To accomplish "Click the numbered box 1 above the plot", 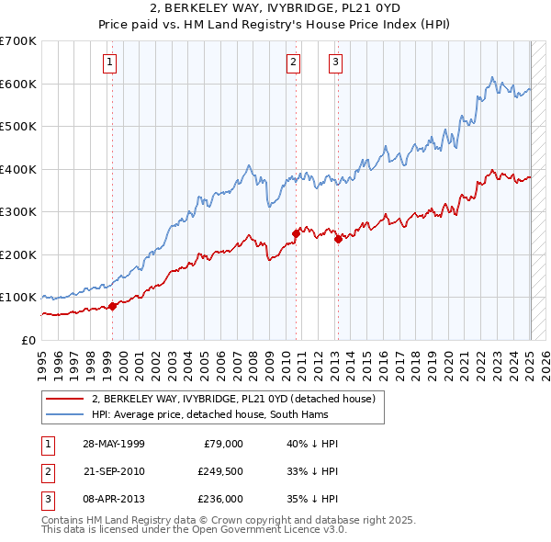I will pyautogui.click(x=109, y=62).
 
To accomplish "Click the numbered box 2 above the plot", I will pyautogui.click(x=293, y=62).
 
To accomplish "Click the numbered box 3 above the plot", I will pyautogui.click(x=335, y=62).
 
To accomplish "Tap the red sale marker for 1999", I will pyautogui.click(x=113, y=306).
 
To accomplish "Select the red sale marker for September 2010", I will pyautogui.click(x=297, y=233).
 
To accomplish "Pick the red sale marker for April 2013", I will pyautogui.click(x=338, y=239).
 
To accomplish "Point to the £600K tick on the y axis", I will pyautogui.click(x=18, y=84).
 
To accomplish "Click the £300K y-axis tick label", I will pyautogui.click(x=18, y=211).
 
